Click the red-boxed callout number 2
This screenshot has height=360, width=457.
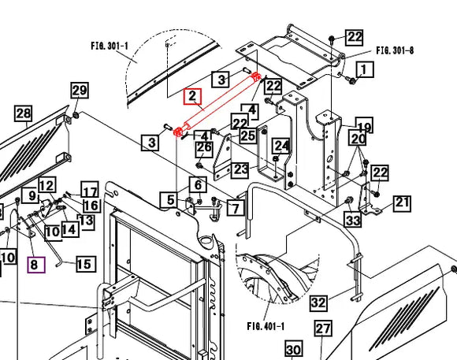tap(192, 96)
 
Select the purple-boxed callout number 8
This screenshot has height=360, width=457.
tap(36, 265)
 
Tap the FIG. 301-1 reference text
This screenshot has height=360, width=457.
tap(110, 46)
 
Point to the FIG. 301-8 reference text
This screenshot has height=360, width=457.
tap(395, 50)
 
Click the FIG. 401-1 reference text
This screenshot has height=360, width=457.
tap(266, 326)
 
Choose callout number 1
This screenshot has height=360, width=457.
tap(363, 69)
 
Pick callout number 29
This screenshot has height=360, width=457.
tap(80, 91)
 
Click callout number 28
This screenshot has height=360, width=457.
tap(24, 113)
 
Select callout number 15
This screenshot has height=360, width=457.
tap(86, 264)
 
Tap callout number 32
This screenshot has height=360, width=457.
tap(318, 302)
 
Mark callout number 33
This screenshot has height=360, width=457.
tap(353, 220)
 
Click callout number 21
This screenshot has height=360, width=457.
tap(402, 203)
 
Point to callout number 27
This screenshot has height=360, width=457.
tap(323, 328)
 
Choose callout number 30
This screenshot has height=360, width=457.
tap(293, 349)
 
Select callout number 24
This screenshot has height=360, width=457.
tap(281, 146)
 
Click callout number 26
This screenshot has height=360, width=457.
tap(204, 148)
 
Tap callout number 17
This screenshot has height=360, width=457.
tap(90, 191)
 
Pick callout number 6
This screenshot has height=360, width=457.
tap(198, 184)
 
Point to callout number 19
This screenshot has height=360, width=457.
tap(364, 125)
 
